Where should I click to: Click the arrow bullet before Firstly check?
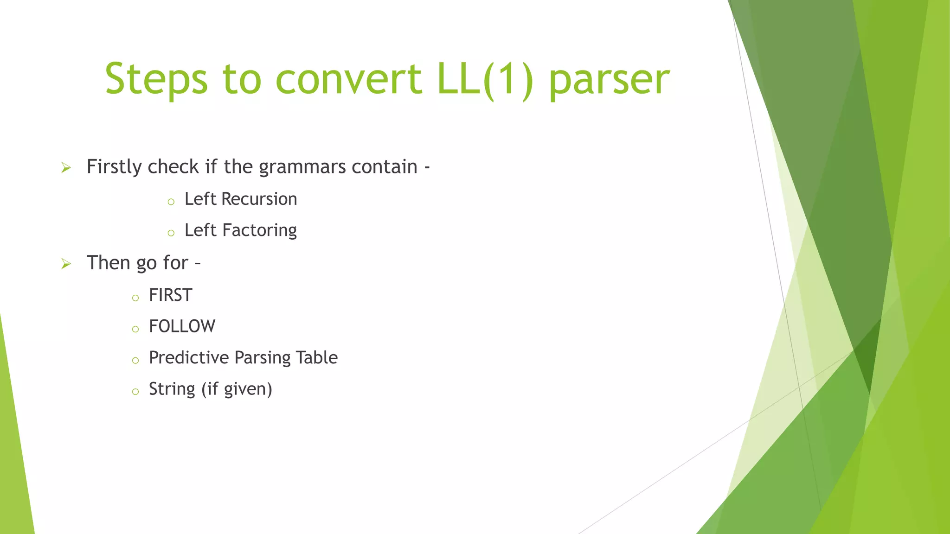[x=66, y=168]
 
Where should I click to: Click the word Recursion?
[x=259, y=199]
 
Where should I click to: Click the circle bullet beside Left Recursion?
[x=171, y=202]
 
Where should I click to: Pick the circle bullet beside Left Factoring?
[x=171, y=233]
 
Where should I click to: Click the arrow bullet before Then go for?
[x=66, y=264]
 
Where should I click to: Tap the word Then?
[x=108, y=263]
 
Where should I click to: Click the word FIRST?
[x=170, y=295]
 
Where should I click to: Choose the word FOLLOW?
[x=182, y=326]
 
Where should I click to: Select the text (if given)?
[x=237, y=389]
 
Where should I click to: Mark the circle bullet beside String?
[x=135, y=392]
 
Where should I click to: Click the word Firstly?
[x=114, y=167]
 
